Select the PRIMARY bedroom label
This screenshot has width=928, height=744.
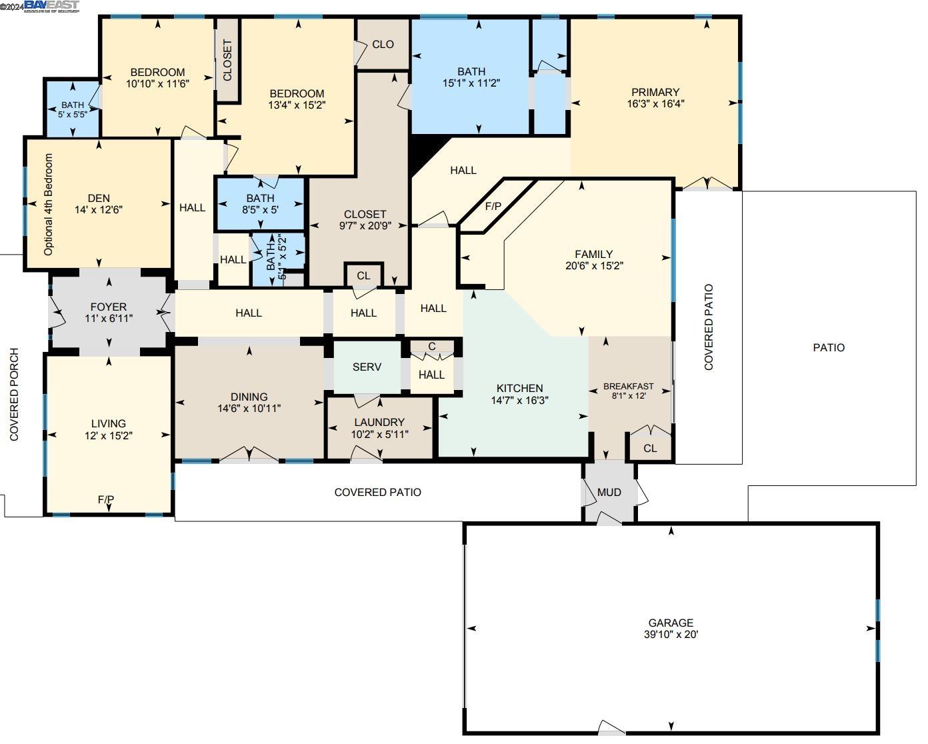(655, 92)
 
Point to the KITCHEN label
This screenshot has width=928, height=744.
(519, 388)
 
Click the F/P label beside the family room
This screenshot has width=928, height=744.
(493, 207)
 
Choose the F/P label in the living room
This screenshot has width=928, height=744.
(106, 499)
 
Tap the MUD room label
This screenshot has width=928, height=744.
(609, 492)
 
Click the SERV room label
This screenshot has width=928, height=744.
(367, 367)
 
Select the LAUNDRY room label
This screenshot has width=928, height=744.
(379, 422)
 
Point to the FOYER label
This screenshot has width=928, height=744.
(108, 307)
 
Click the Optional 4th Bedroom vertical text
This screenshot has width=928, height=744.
(48, 205)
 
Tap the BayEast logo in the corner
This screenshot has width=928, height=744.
(51, 7)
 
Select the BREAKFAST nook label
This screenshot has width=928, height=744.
(628, 386)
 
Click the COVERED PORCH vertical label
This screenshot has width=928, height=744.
(14, 395)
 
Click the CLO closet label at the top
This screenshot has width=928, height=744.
(383, 44)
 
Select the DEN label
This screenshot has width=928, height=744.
(99, 198)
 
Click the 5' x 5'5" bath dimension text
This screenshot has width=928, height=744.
(73, 114)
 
